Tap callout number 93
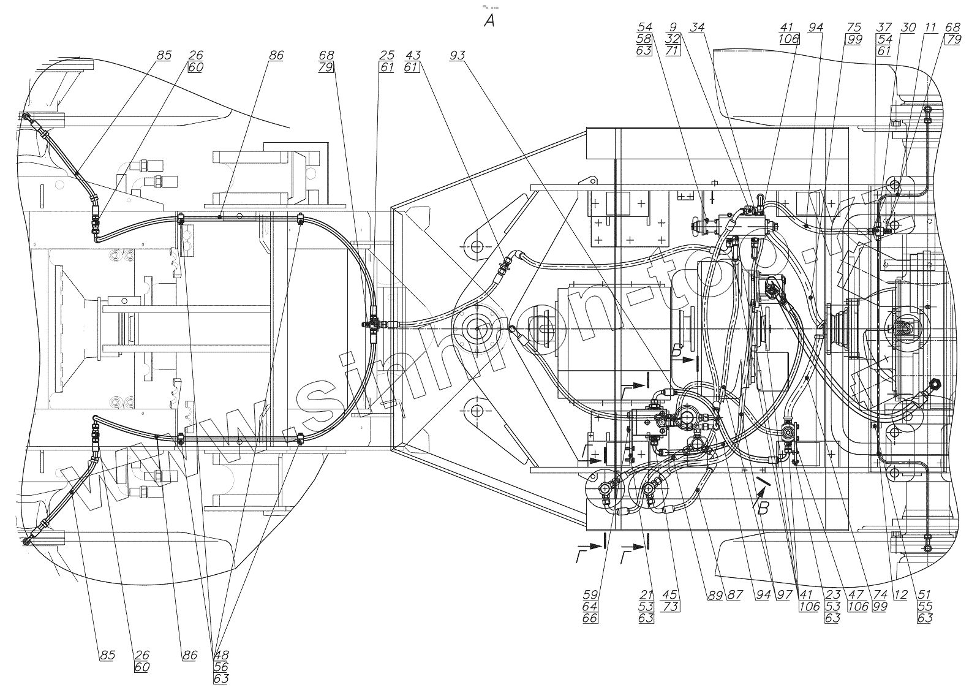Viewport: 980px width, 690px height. pos(457,56)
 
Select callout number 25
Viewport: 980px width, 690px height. pos(386,56)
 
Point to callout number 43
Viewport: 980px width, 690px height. pos(412,56)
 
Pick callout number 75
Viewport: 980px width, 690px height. pos(854,28)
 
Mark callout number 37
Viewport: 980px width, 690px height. pos(883,28)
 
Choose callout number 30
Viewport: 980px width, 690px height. pos(908,28)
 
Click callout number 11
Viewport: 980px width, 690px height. pos(930,28)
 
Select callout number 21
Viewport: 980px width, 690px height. pos(646,594)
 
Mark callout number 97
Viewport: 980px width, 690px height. pos(785,594)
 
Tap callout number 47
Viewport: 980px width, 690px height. pos(856,594)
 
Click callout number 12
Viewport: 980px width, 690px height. pos(900,594)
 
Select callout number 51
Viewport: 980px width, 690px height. pos(925,594)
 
